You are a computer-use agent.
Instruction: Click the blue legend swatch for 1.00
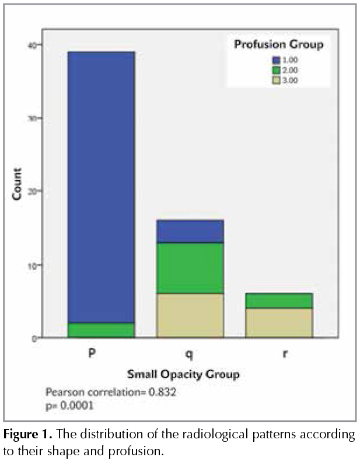[276, 60]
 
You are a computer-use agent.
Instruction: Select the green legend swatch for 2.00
[276, 70]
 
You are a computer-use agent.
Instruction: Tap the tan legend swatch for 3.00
[276, 81]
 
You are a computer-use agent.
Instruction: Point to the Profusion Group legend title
[278, 44]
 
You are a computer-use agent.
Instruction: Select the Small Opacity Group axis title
[183, 374]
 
